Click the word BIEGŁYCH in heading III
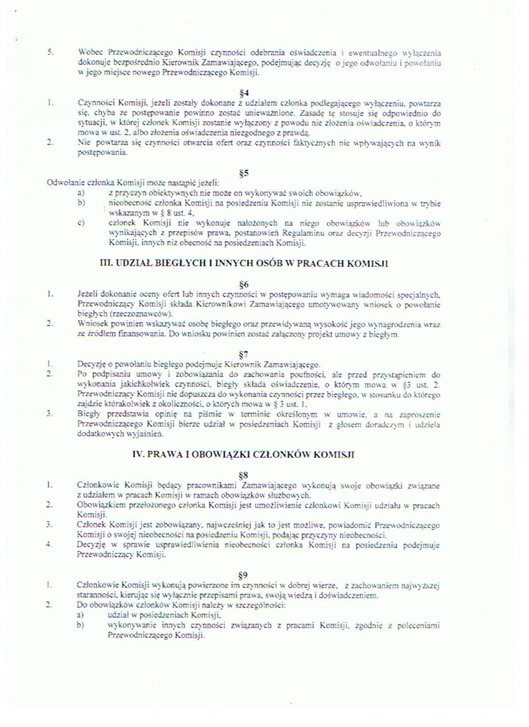pos(171,264)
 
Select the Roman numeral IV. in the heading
pos(139,455)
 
